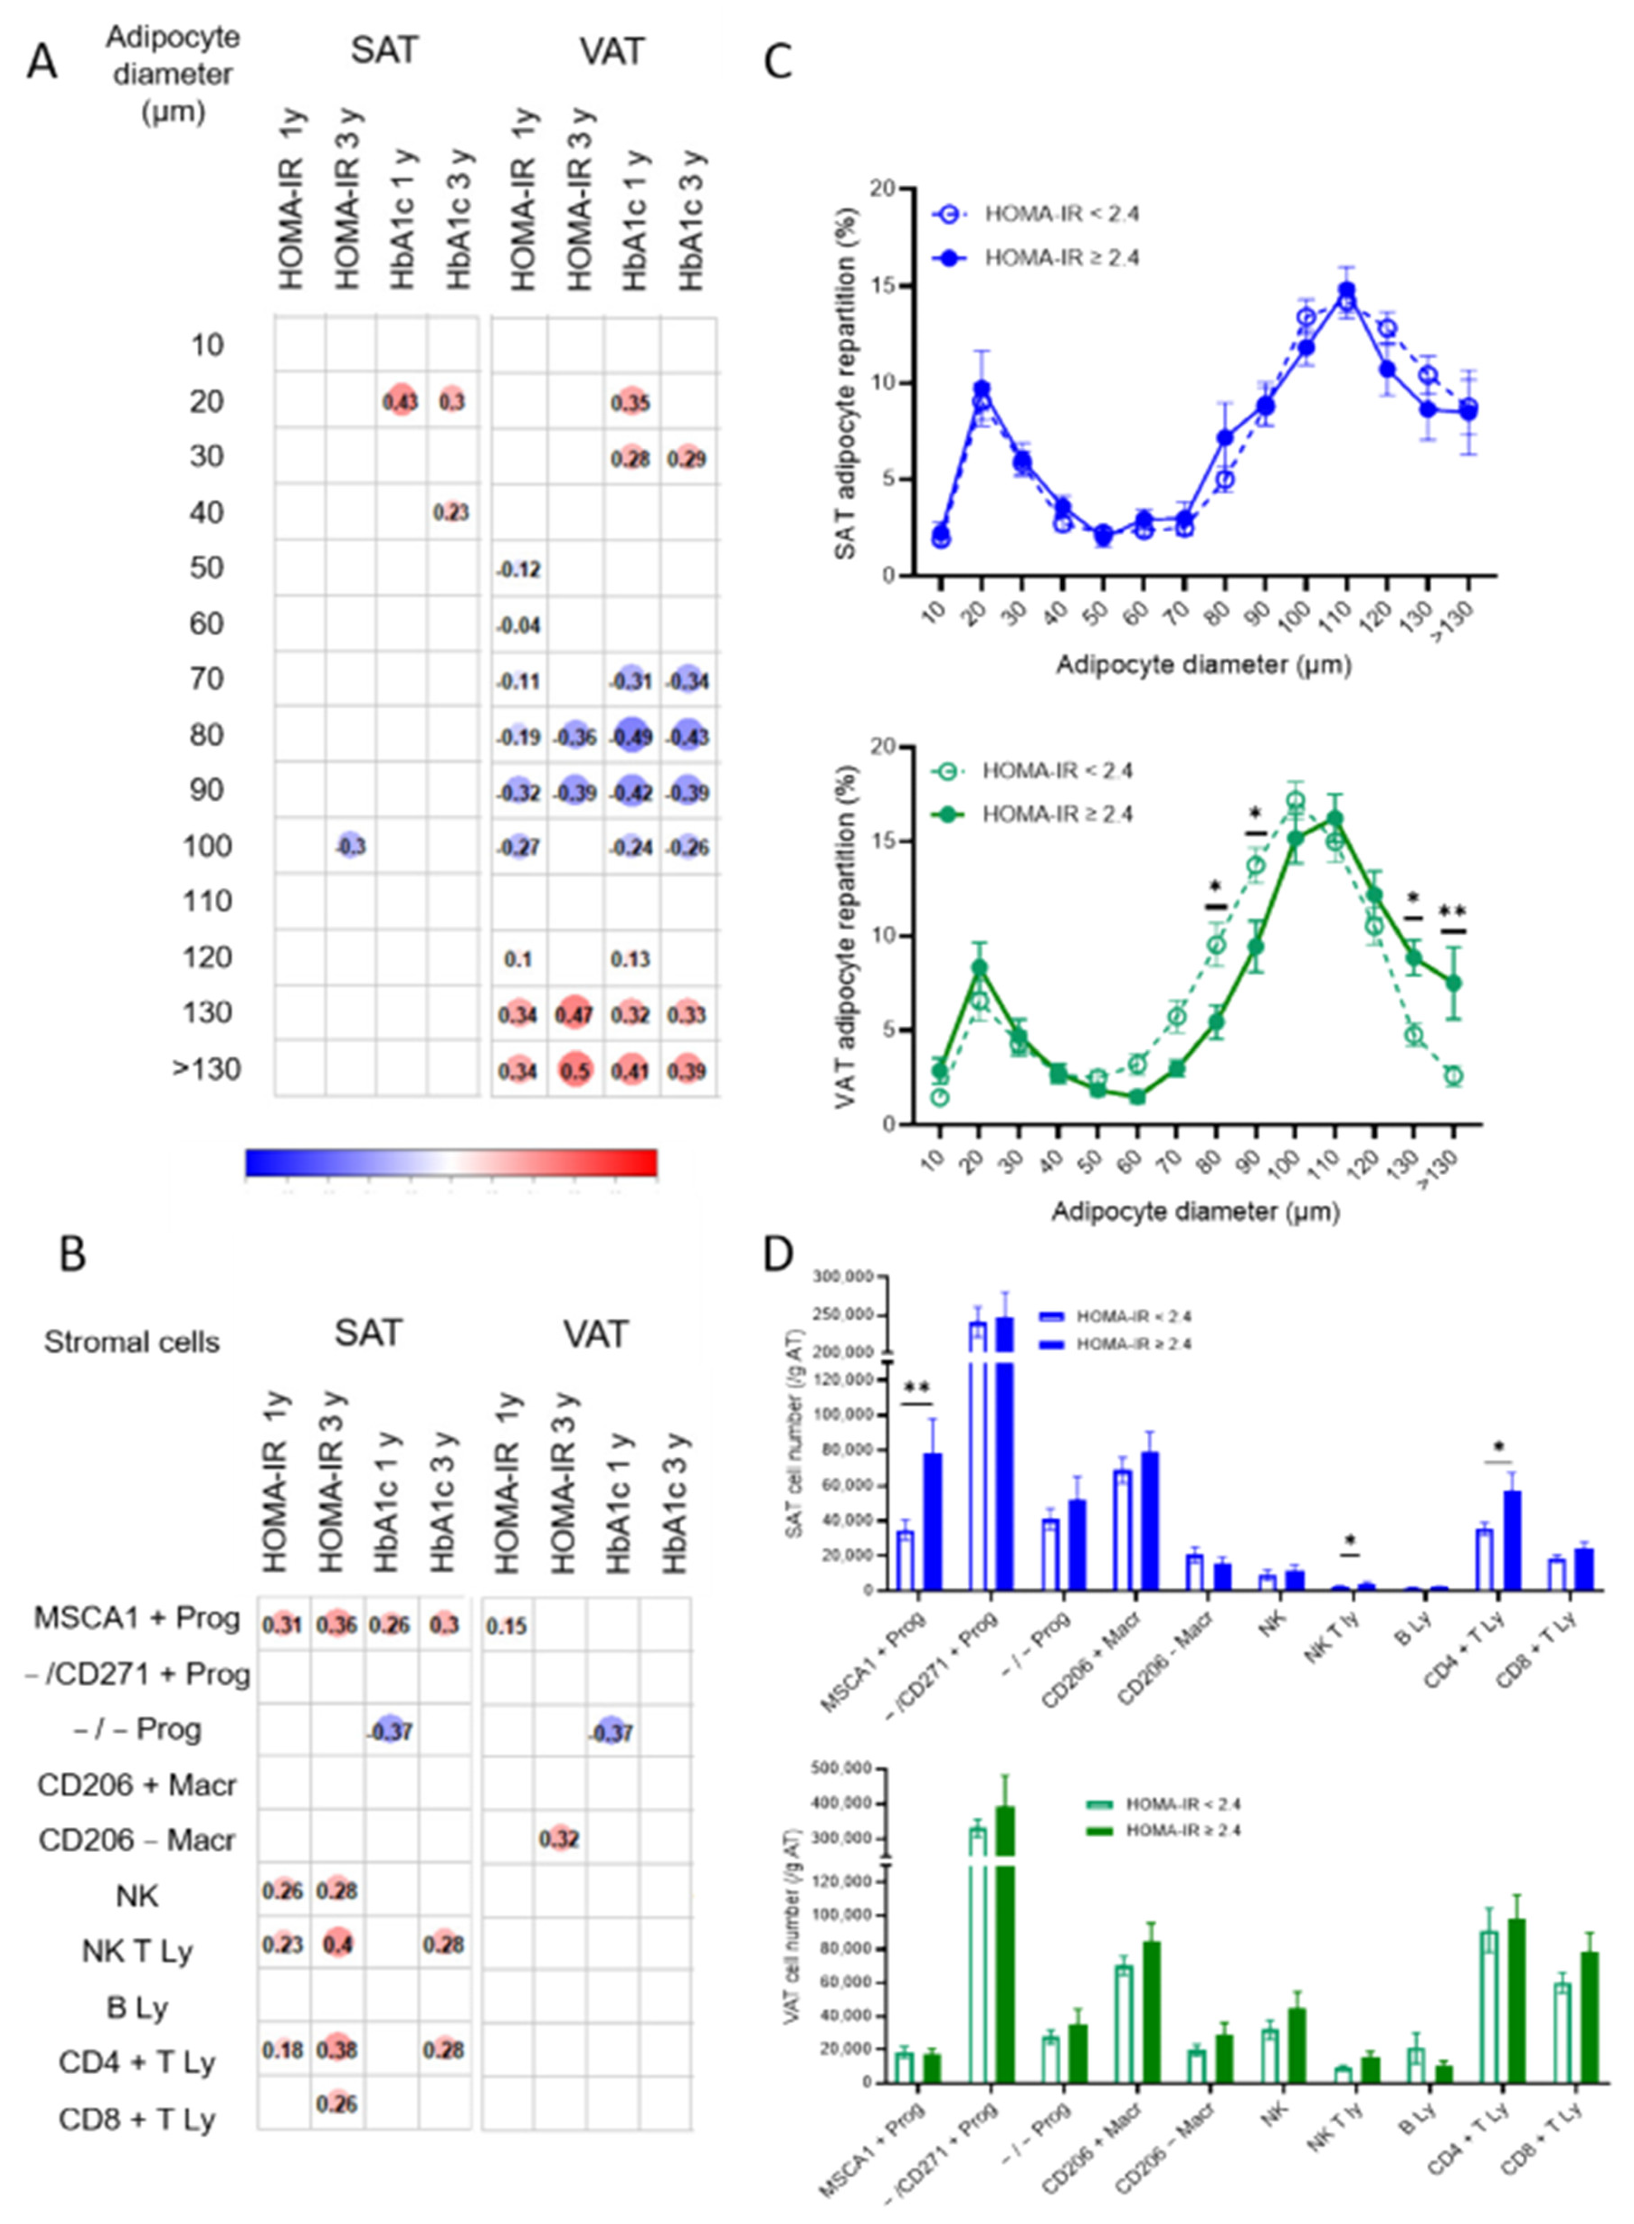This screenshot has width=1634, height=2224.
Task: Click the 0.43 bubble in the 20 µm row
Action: [401, 402]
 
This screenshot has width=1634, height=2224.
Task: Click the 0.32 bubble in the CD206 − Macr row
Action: [559, 1838]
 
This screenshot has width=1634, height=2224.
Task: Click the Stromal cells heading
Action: [132, 1342]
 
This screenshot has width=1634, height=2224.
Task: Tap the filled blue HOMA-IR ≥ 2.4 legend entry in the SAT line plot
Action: [1039, 258]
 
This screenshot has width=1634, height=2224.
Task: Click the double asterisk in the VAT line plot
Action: [1452, 912]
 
